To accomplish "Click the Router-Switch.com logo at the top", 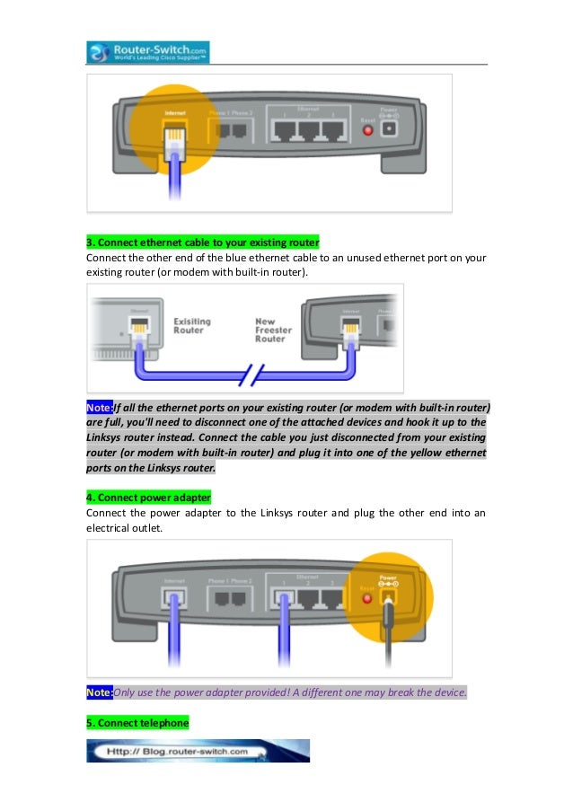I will tap(148, 51).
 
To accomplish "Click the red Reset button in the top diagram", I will tap(366, 131).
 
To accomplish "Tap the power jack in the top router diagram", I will tap(390, 130).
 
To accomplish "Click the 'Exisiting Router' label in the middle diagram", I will tap(189, 324).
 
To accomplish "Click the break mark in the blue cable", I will tap(255, 372).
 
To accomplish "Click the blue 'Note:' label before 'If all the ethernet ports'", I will tap(99, 405).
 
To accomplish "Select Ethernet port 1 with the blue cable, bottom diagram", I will tap(288, 596).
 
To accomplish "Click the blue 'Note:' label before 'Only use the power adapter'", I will tap(99, 692).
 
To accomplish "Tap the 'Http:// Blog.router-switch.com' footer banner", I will tap(198, 751).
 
